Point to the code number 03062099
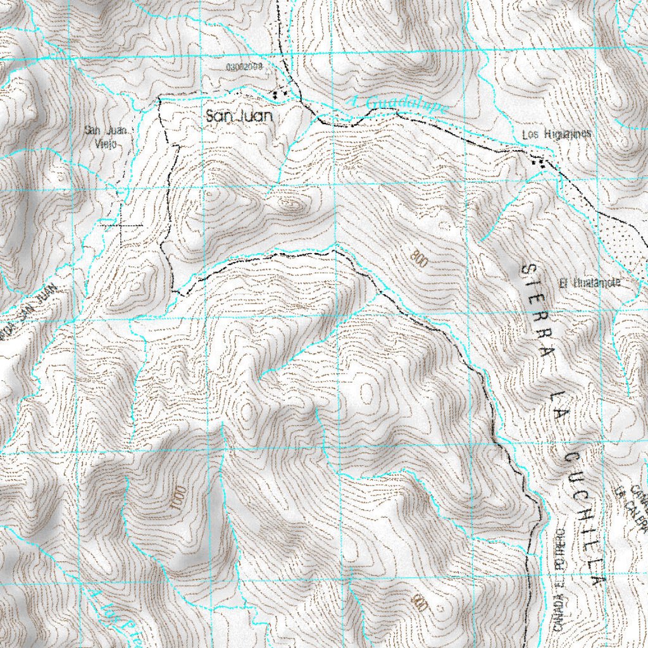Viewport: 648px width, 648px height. coord(244,66)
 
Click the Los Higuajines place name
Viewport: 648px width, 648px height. coord(557,134)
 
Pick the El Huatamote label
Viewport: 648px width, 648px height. coord(589,283)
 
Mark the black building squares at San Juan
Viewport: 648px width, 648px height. coord(279,94)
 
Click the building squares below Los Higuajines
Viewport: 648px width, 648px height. coord(540,162)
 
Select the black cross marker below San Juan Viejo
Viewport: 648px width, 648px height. coord(121,225)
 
